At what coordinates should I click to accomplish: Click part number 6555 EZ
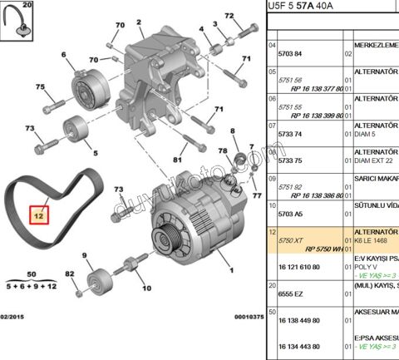coord(291,294)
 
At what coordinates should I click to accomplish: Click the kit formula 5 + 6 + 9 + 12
coord(30,285)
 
